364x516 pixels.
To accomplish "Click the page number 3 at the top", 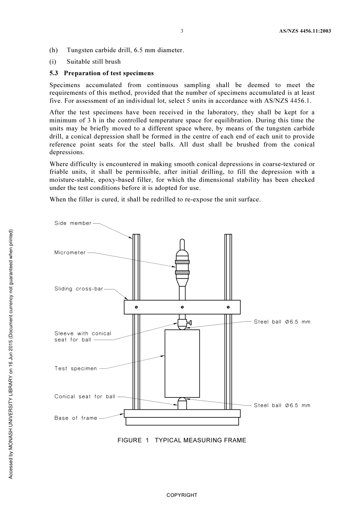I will coord(182,31).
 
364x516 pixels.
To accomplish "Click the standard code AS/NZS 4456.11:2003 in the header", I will coord(305,31).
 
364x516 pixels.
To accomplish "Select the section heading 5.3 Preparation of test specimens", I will coord(102,73).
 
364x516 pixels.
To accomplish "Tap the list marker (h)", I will coord(53,50).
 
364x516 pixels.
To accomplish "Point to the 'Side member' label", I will coord(73,223).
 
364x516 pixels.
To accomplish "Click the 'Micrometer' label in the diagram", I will coord(70,253).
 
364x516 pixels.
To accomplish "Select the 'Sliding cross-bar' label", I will coord(79,289).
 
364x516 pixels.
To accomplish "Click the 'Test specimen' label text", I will coord(75,369).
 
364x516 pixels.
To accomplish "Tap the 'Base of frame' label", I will coord(76,418).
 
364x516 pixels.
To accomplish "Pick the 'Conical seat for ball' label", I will coord(85,397).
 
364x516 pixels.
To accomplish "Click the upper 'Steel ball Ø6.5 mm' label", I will coord(282,322).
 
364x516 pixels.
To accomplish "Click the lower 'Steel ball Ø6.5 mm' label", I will coord(282,406).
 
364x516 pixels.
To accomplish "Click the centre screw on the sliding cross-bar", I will coord(182,307).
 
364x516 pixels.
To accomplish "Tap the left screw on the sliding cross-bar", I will coord(136,307).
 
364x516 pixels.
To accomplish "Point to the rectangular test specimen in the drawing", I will coord(182,363).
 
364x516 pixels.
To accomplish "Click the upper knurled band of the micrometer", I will coord(182,262).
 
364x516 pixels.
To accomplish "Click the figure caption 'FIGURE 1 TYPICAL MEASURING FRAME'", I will coord(182,440).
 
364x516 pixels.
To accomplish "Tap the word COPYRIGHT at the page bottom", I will coord(182,495).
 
